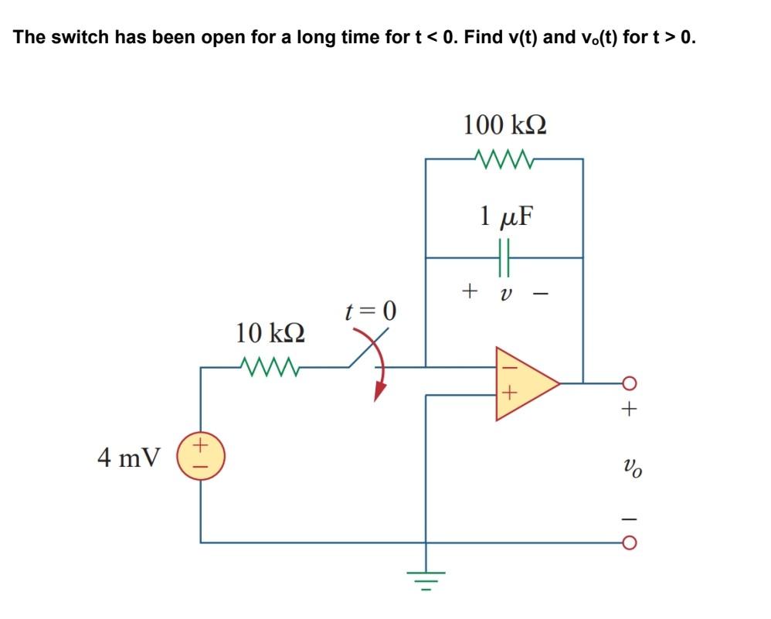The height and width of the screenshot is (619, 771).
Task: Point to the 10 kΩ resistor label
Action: point(270,333)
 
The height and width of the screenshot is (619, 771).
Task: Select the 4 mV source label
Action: point(128,457)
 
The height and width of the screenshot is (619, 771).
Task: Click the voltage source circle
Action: point(201,457)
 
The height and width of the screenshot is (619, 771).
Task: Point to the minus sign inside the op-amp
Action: point(508,369)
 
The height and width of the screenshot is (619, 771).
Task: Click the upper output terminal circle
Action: point(629,382)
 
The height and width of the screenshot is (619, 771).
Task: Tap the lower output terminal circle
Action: point(629,542)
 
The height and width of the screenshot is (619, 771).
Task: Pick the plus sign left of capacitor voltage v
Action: point(467,291)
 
